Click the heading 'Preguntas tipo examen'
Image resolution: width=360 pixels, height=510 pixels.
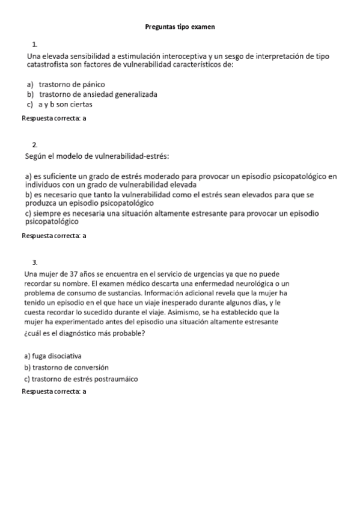[180, 27]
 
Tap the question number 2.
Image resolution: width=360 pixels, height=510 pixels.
[35, 144]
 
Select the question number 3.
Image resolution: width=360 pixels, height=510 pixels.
[35, 262]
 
